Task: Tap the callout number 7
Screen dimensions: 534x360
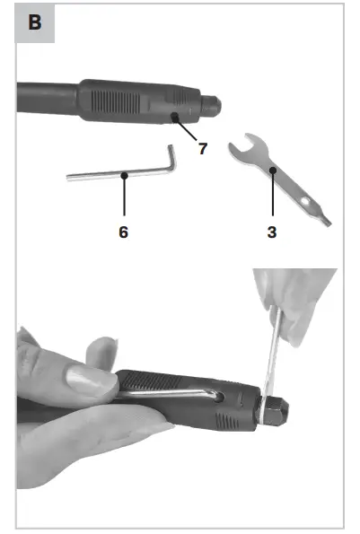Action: click(x=203, y=148)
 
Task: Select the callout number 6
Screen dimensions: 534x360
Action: click(x=123, y=232)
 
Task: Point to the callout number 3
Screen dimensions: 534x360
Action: click(x=271, y=232)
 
